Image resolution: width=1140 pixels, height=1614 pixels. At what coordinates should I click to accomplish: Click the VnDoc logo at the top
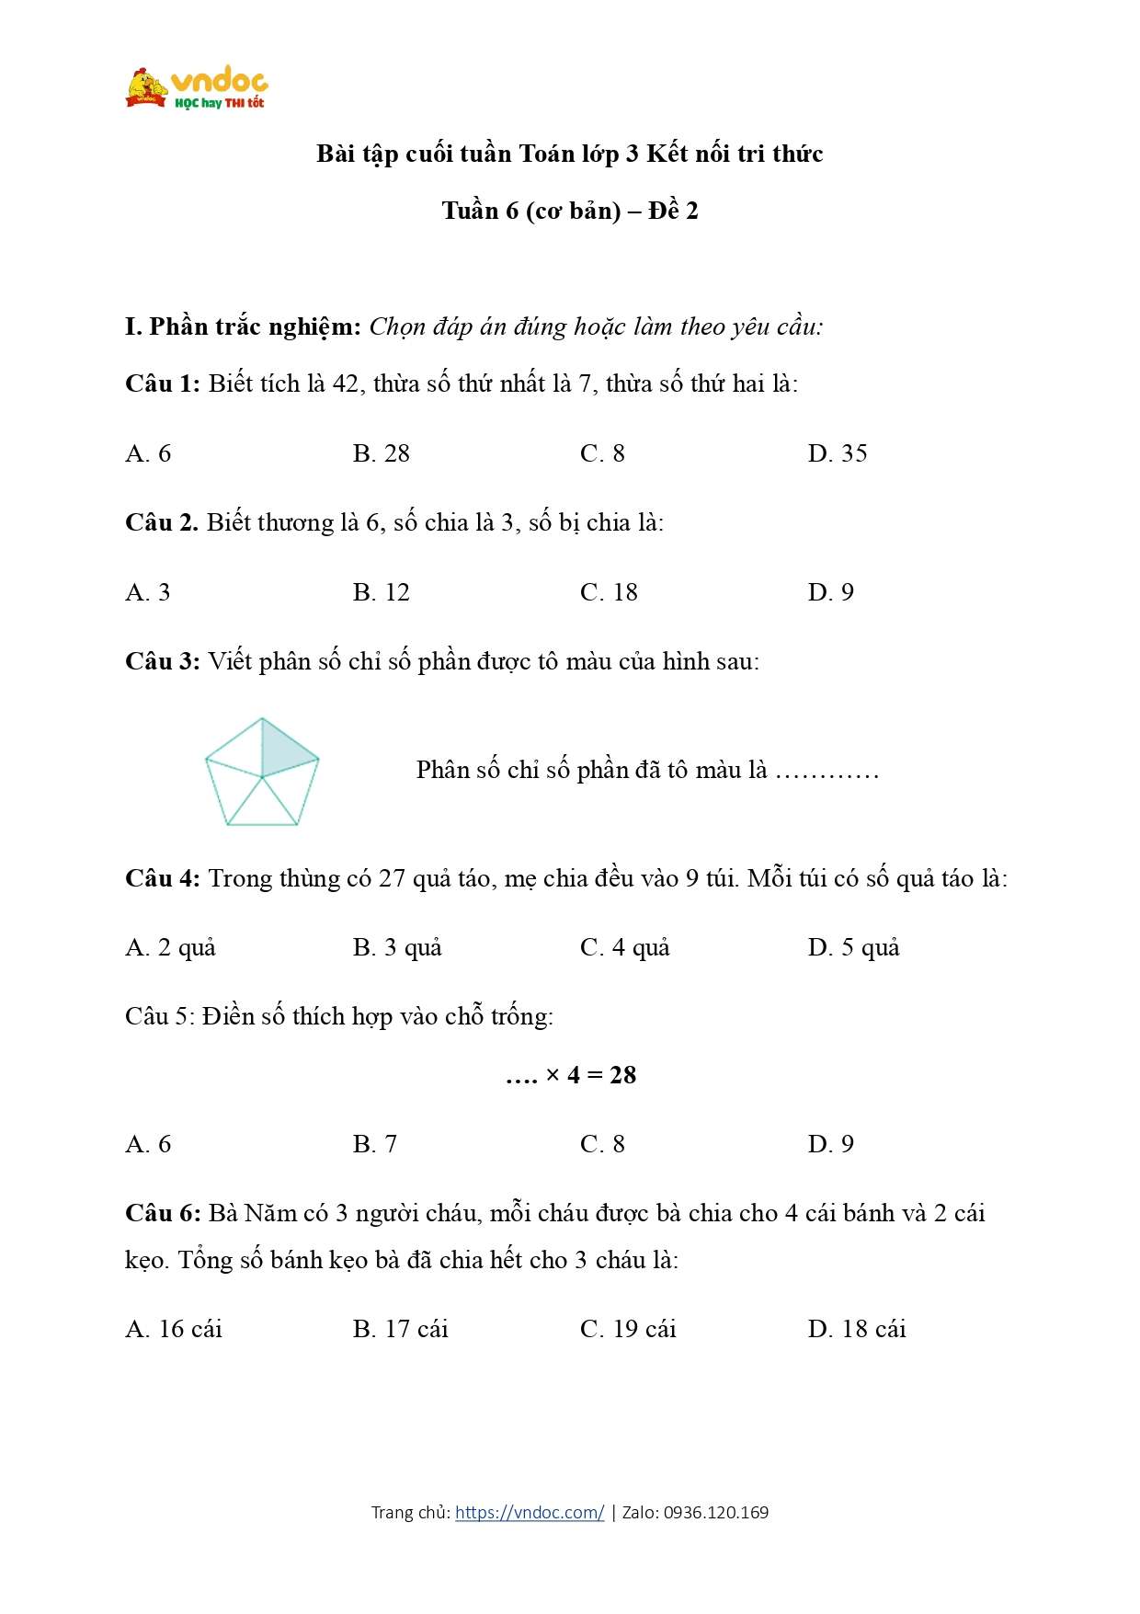pos(197,88)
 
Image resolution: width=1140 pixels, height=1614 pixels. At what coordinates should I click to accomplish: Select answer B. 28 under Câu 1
pos(381,453)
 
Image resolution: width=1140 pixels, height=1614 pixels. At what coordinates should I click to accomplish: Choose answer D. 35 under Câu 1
pos(837,453)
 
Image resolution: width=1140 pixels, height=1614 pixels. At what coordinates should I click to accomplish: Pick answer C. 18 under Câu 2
pos(609,592)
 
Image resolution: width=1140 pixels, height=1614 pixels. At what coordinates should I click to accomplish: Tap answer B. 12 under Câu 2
pos(381,592)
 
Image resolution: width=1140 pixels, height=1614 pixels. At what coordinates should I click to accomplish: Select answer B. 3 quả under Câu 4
pos(397,948)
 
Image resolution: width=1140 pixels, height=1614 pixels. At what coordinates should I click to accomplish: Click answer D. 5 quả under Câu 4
pos(853,948)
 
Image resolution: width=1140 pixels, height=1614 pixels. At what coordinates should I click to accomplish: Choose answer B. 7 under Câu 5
pos(374,1144)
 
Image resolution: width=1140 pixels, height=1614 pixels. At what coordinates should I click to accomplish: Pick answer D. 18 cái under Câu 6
pos(856,1329)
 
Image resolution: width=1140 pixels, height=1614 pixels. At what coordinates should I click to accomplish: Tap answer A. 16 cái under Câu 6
pos(174,1329)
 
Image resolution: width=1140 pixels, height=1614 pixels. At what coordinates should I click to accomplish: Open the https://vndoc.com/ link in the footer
pos(530,1513)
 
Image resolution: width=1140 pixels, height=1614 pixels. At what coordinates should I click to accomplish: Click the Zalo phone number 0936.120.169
pos(716,1513)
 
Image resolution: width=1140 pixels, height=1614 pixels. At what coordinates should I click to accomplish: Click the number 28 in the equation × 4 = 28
pos(622,1075)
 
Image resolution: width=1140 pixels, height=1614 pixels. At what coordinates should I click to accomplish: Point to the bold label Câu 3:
pos(163,661)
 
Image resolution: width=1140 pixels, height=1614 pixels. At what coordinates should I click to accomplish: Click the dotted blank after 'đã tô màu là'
pos(826,771)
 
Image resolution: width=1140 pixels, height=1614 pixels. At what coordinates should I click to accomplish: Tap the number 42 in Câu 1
pos(345,383)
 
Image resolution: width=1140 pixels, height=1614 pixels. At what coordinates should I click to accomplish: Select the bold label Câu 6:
pos(163,1214)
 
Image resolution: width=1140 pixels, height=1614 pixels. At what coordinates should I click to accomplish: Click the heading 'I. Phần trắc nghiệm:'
pos(243,326)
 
